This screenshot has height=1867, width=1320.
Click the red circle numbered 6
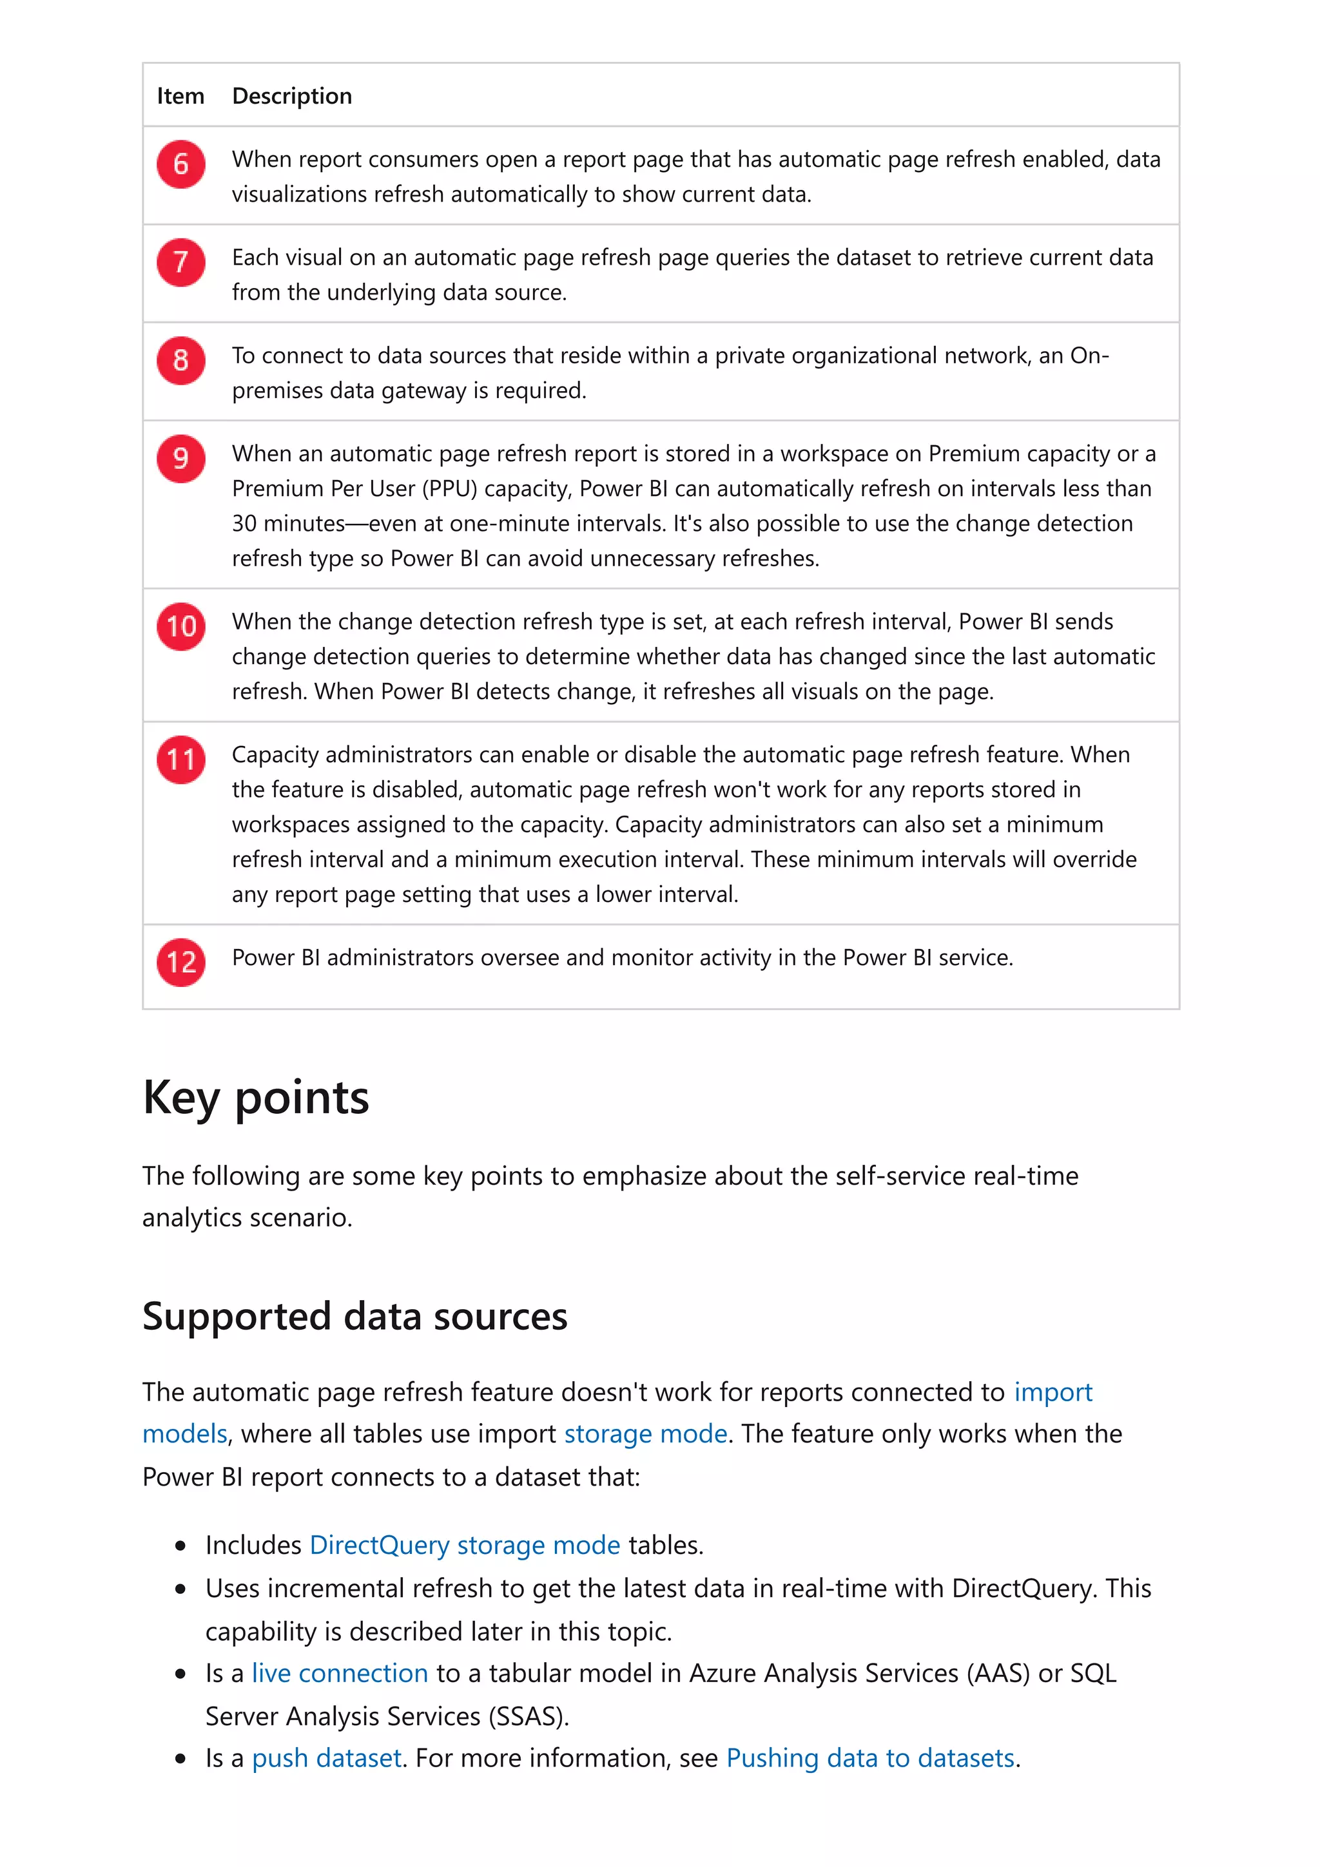pos(180,164)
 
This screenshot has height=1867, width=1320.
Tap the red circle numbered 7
pos(180,262)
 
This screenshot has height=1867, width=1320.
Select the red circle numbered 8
pos(180,360)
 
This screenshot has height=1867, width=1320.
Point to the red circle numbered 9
pos(180,459)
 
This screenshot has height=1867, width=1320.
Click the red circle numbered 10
pos(180,626)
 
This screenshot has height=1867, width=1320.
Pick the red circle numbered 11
pos(180,760)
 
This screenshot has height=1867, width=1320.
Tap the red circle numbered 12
pos(180,962)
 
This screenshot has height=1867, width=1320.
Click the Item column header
pos(180,96)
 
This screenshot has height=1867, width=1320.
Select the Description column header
pos(292,96)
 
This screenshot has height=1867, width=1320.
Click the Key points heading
pos(255,1098)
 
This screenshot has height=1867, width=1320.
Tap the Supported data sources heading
pos(354,1316)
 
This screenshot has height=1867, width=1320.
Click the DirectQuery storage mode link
pos(465,1545)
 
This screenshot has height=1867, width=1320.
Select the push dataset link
pos(326,1758)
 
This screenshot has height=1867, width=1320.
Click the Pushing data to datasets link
pos(869,1758)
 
